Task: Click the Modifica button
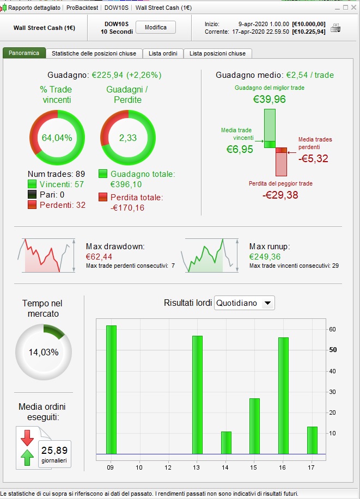[156, 28]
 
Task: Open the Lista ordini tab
[163, 53]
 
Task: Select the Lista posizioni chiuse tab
[217, 53]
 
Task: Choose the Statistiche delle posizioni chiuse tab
[94, 53]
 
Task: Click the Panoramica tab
[24, 53]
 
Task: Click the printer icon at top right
[336, 28]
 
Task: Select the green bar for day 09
[111, 389]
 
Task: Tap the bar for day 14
[226, 442]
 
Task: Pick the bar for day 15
[254, 426]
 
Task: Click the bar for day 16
[283, 395]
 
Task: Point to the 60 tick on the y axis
[332, 329]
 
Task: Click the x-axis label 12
[168, 467]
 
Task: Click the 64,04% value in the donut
[57, 138]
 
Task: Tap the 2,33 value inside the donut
[128, 138]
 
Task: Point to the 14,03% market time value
[44, 352]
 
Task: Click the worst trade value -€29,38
[280, 195]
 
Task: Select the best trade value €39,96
[270, 99]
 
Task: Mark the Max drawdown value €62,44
[99, 257]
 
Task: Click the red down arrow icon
[26, 438]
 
